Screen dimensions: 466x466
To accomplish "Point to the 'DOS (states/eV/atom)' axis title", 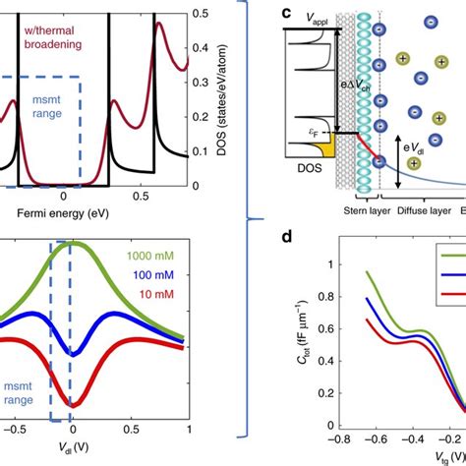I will tap(235, 98).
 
